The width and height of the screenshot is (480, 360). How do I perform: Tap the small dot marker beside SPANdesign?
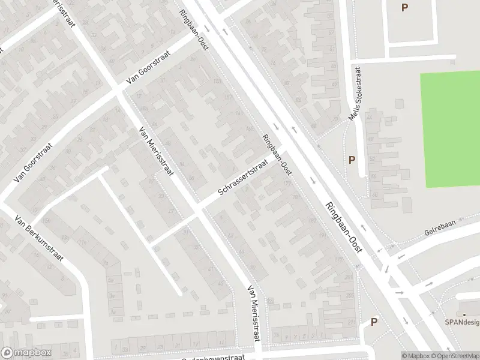(x=463, y=313)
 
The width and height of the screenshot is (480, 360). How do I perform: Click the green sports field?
(x=450, y=129)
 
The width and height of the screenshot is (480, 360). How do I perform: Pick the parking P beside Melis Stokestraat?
(x=352, y=160)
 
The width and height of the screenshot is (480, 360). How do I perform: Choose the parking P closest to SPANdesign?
(x=374, y=322)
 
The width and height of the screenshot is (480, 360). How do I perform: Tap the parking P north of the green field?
(x=404, y=8)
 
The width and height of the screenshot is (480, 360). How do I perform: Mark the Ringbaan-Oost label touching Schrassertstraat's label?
(x=277, y=155)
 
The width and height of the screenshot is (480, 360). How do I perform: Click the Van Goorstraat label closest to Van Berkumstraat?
(x=32, y=163)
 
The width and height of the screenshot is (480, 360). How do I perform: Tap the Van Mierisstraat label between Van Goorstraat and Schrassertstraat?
(x=155, y=151)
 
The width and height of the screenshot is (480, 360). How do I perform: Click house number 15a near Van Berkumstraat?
(x=45, y=220)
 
